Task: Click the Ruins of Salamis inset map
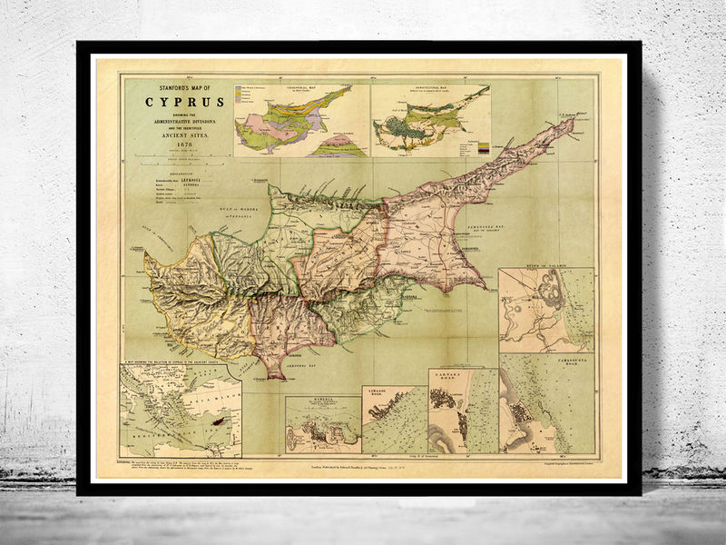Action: coord(545,309)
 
